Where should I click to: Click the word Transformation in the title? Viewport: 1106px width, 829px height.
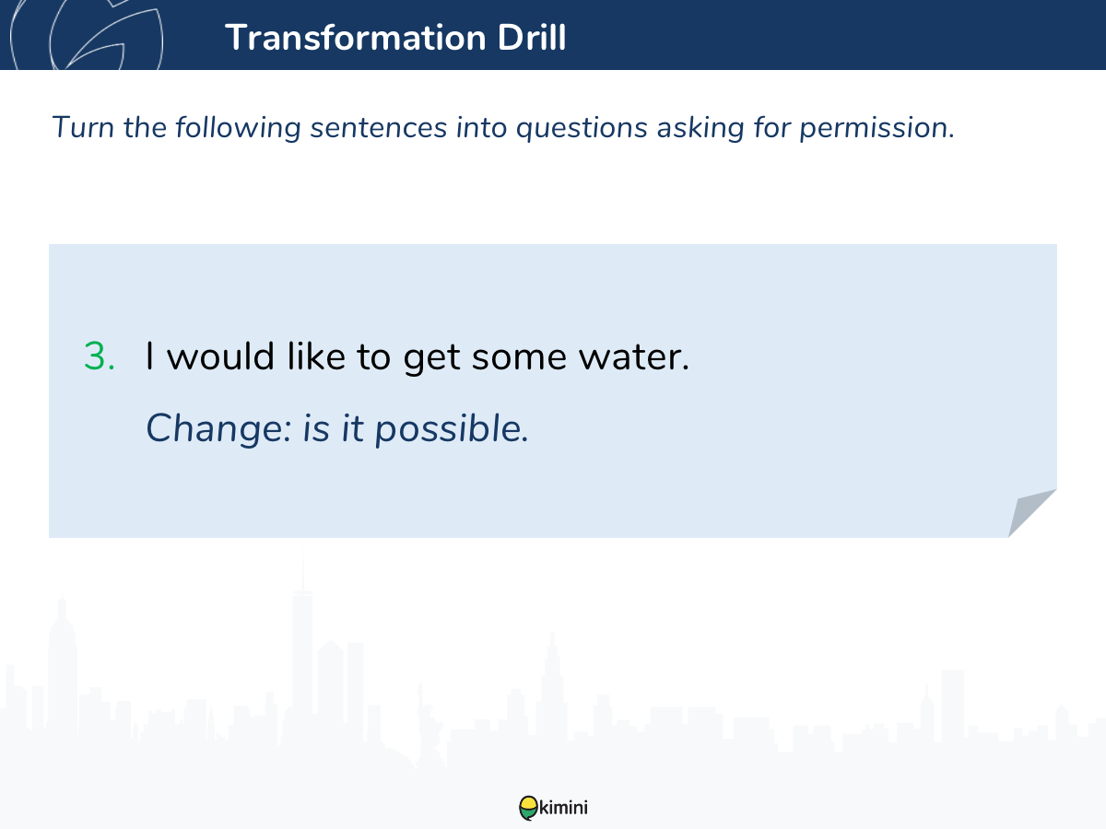[356, 38]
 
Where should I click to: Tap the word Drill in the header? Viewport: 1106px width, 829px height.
[532, 37]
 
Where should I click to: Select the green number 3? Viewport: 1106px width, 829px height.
[100, 356]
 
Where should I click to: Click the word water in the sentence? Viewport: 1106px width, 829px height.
[634, 356]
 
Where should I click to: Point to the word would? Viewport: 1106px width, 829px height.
[220, 356]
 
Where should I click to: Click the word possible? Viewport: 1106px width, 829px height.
[452, 429]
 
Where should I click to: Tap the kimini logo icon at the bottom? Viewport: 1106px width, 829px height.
[528, 808]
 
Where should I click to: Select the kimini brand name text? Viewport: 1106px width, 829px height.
[563, 808]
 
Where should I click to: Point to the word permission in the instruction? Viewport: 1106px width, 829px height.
[877, 128]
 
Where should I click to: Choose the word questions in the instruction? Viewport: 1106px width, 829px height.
[582, 128]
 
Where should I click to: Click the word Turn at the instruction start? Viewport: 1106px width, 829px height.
[83, 127]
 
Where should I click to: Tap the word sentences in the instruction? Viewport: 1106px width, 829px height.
[379, 127]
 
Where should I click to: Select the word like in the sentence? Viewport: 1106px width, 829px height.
[316, 356]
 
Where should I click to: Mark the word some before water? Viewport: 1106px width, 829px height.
[519, 358]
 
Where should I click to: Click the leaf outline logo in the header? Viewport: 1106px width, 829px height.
[87, 35]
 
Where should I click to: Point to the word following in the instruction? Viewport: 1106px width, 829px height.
[238, 128]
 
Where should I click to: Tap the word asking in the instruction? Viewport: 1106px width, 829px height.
[700, 128]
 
